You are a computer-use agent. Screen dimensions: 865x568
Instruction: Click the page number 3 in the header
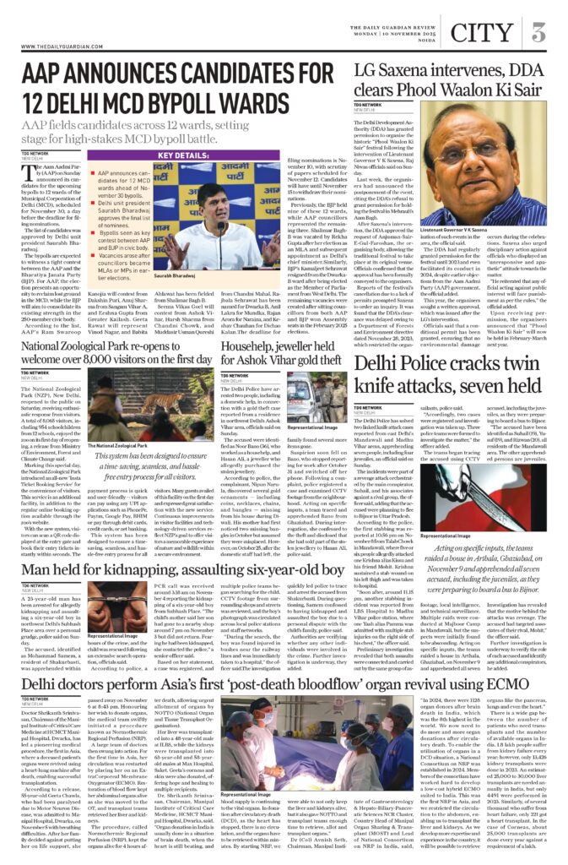click(537, 33)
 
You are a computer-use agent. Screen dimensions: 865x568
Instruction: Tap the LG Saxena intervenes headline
click(451, 81)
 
